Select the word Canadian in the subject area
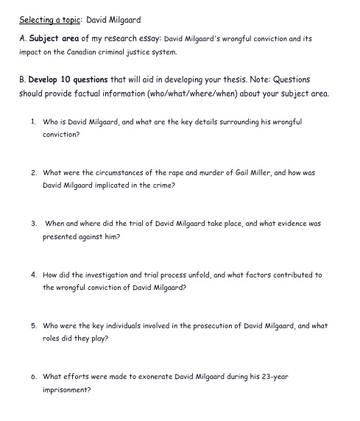(x=76, y=53)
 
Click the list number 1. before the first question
(x=34, y=121)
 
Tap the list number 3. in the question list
(x=34, y=223)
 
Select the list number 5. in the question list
(x=34, y=325)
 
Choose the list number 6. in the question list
(x=34, y=376)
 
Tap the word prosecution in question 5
(x=194, y=325)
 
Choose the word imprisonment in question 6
(x=66, y=390)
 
